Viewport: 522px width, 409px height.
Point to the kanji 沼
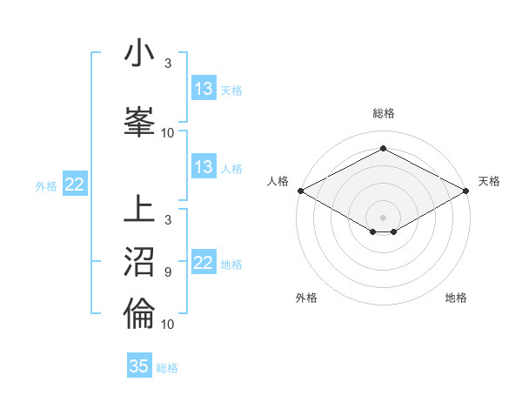[139, 261]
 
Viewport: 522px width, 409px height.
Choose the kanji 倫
[139, 312]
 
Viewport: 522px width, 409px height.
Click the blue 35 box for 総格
[139, 366]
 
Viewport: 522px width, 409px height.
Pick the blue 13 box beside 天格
[204, 89]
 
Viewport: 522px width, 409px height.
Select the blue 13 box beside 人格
[204, 167]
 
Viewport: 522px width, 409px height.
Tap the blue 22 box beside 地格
[204, 263]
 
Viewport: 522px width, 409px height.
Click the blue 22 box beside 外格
[75, 184]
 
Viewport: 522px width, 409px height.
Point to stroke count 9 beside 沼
[167, 272]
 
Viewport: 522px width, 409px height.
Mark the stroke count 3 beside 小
[167, 64]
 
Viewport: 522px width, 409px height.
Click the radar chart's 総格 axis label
[383, 113]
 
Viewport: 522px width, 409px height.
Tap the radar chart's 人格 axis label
[278, 181]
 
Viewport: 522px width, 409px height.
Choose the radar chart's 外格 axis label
[306, 298]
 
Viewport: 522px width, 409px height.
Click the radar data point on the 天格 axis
[466, 191]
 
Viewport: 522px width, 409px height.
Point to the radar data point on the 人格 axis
[300, 191]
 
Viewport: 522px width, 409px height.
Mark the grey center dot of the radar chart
[383, 217]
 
